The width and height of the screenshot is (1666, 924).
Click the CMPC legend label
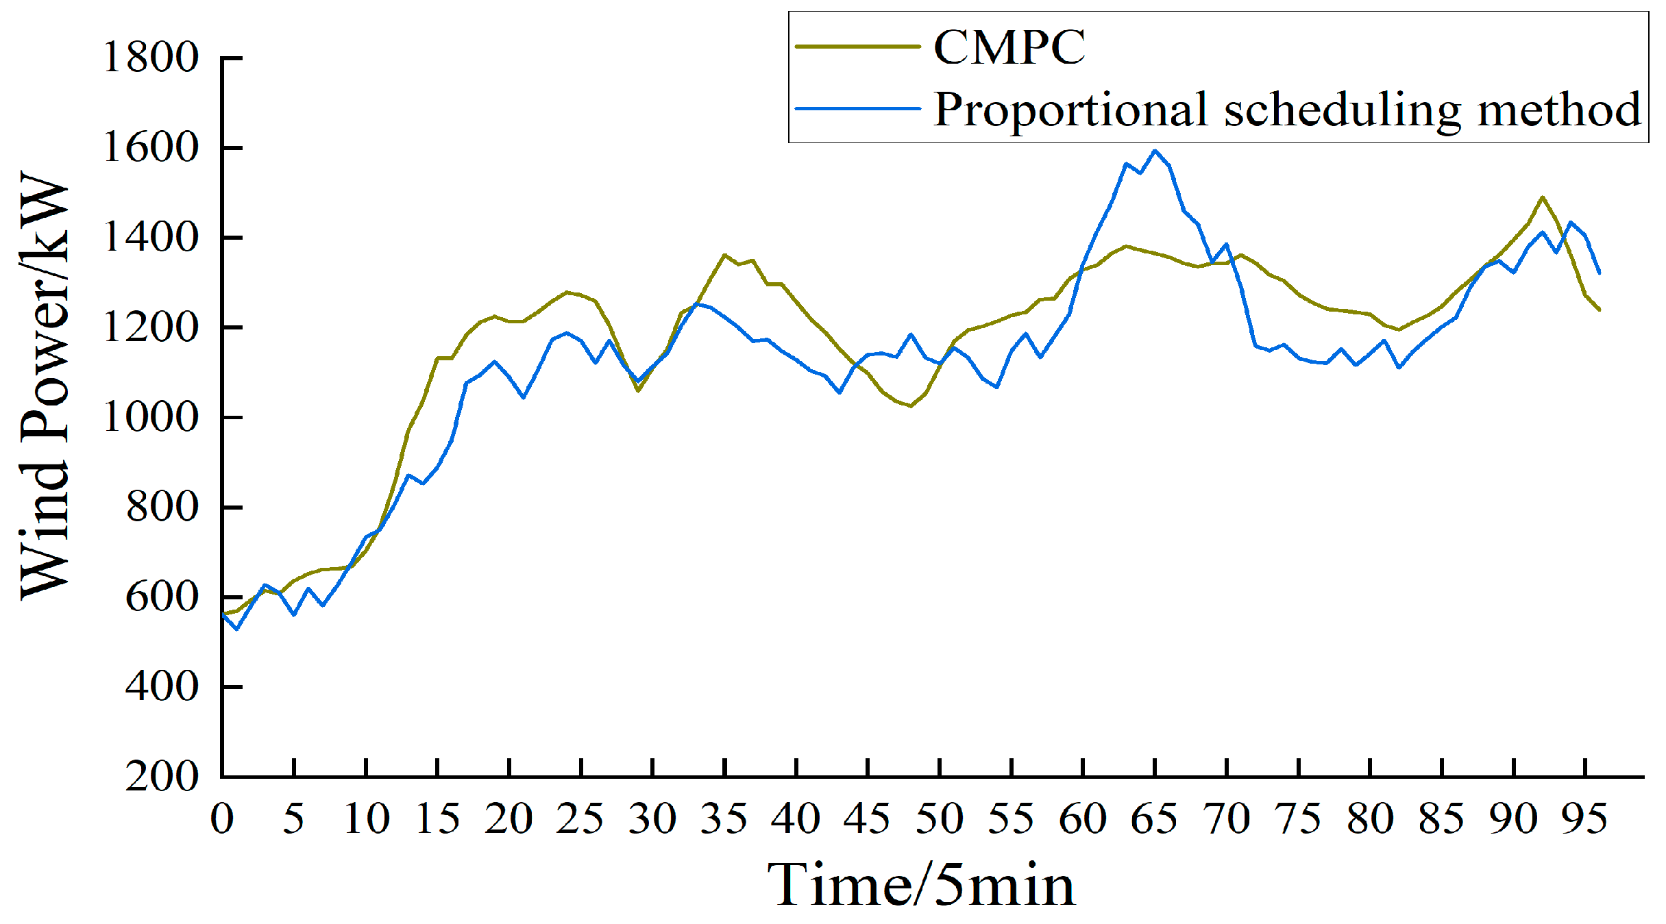(1009, 47)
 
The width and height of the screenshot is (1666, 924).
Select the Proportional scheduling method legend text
(1287, 110)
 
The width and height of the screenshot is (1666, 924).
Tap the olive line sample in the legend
(857, 47)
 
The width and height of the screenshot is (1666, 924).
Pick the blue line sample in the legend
(857, 108)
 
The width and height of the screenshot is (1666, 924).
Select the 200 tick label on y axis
(162, 777)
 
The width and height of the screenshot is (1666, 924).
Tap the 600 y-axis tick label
(162, 597)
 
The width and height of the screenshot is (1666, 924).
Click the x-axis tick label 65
(1154, 819)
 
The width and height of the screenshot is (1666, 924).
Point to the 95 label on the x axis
(1584, 819)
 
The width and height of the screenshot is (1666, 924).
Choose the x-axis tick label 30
(652, 819)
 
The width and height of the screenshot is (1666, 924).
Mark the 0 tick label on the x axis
(222, 819)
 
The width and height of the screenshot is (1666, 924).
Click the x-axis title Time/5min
(921, 885)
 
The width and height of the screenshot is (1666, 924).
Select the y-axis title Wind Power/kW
(45, 385)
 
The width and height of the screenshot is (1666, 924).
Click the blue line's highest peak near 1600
(1155, 151)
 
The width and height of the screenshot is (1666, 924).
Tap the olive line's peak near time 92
(1542, 197)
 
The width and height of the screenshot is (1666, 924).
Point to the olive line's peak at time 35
(724, 255)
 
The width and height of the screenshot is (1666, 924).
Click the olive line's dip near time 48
(911, 406)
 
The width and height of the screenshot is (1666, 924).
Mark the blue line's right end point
(1600, 273)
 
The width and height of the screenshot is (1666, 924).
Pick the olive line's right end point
(1600, 310)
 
